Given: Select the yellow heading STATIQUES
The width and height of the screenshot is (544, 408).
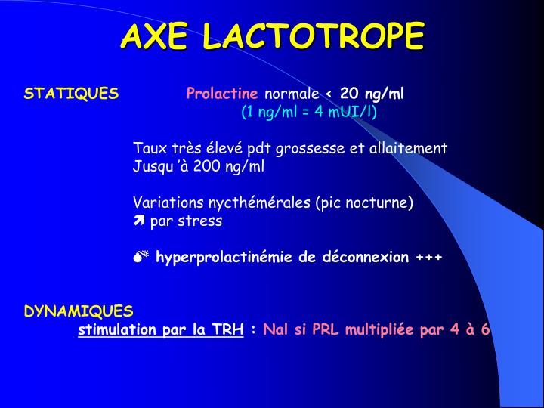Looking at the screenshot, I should (71, 94).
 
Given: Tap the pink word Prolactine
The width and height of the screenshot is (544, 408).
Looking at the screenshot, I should (222, 94).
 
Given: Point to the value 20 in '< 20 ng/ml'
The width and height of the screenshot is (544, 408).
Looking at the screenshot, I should (349, 94).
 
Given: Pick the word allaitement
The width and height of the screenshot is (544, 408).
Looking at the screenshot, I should (408, 148).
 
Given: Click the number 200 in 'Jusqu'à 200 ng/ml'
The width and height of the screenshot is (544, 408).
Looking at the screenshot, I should (206, 166).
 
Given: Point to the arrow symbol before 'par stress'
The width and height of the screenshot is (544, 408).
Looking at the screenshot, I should (138, 221).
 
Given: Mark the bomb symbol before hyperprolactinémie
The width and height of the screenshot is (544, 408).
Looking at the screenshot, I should (141, 257).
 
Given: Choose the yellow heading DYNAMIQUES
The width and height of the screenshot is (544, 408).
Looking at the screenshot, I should (79, 311).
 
